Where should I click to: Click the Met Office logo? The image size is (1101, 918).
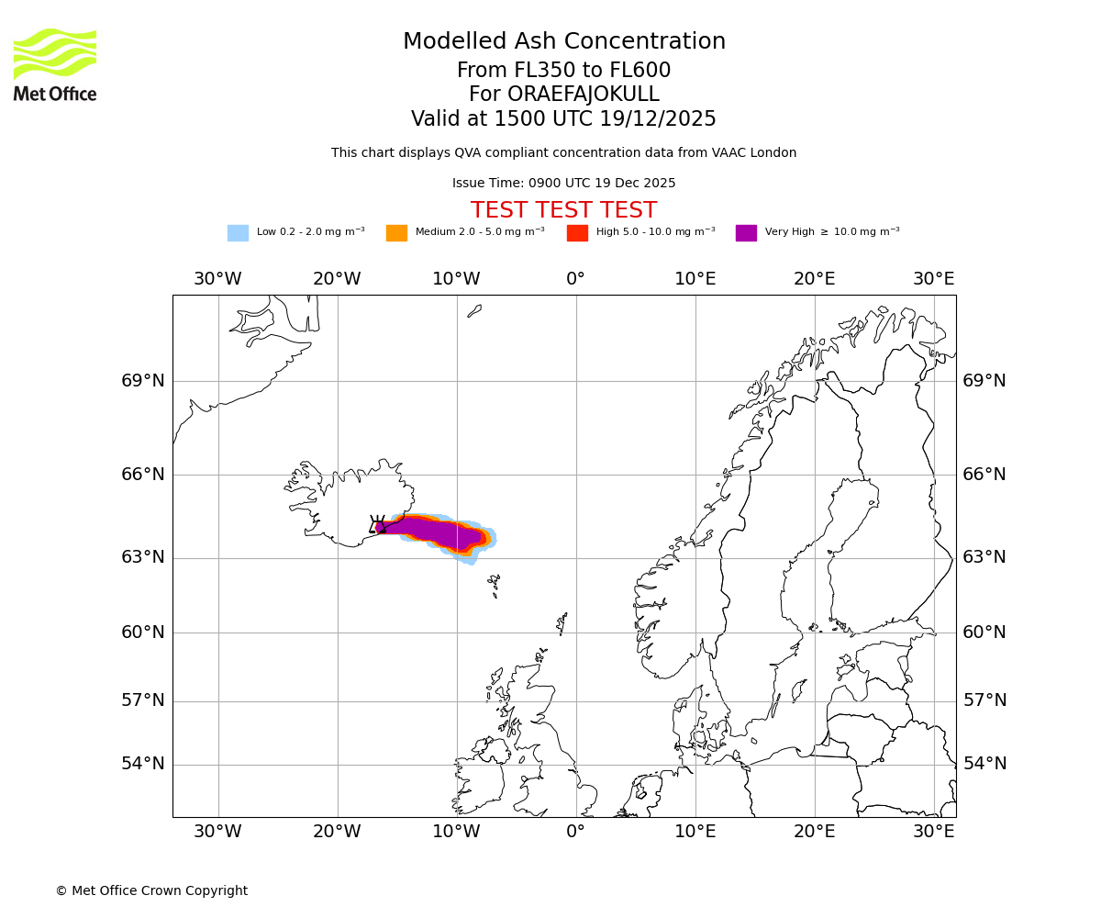pyautogui.click(x=55, y=64)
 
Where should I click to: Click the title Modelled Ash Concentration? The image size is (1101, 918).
pyautogui.click(x=563, y=42)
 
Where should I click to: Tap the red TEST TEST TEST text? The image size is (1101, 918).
pyautogui.click(x=563, y=211)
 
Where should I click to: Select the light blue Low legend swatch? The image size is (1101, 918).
pyautogui.click(x=238, y=233)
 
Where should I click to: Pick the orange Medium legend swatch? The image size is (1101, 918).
pyautogui.click(x=396, y=233)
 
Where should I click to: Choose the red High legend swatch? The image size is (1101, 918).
pyautogui.click(x=577, y=233)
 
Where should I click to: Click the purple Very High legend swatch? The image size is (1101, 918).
pyautogui.click(x=746, y=233)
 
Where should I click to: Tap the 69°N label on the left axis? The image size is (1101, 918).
pyautogui.click(x=143, y=381)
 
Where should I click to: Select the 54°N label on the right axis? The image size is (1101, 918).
pyautogui.click(x=984, y=764)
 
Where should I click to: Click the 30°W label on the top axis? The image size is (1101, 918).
pyautogui.click(x=217, y=279)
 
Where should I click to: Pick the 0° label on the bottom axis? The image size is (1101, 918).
pyautogui.click(x=575, y=832)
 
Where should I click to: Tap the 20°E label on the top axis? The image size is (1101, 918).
pyautogui.click(x=814, y=279)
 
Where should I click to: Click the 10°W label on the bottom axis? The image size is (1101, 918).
pyautogui.click(x=456, y=832)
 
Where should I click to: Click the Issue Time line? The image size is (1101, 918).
pyautogui.click(x=563, y=184)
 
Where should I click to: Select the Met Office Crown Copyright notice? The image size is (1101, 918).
pyautogui.click(x=151, y=890)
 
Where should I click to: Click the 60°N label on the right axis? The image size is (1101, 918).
pyautogui.click(x=984, y=633)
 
